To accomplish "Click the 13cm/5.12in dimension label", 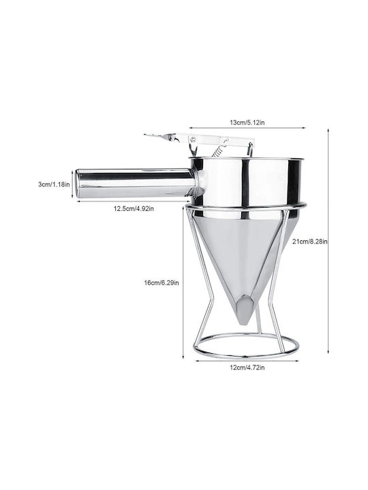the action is point(247,122).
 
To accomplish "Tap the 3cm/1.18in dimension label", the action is point(54,184).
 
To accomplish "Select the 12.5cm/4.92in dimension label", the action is point(134,208).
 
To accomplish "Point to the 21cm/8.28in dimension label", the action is point(310,241).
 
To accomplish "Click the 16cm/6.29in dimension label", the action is point(162,283).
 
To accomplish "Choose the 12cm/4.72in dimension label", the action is point(247,367).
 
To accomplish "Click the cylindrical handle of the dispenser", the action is point(135,184).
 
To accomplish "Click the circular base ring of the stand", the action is point(246,356).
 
